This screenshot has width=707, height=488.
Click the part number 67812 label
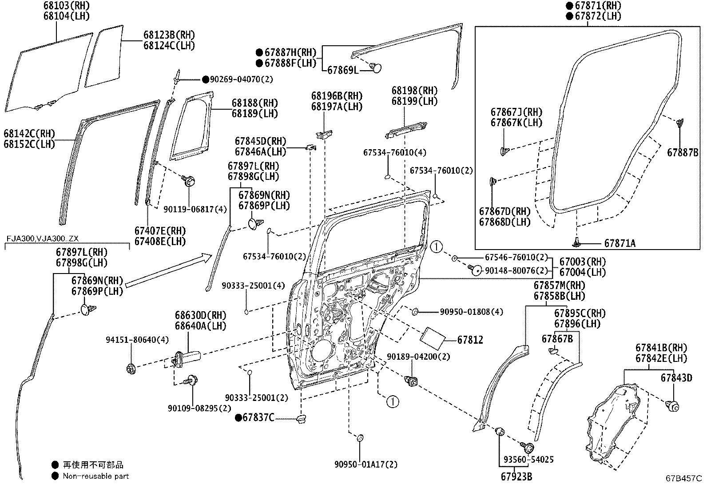point(470,340)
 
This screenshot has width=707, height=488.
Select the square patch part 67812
point(433,338)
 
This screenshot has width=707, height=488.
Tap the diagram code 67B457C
point(683,479)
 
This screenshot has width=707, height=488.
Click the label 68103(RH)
point(66,5)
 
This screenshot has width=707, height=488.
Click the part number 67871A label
point(620,243)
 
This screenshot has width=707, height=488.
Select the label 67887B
point(683,152)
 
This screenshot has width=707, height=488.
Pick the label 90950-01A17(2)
point(366,464)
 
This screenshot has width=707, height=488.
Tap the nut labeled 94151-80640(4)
point(131,369)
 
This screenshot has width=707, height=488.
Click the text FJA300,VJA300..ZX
point(42,238)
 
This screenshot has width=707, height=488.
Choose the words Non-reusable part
point(95,476)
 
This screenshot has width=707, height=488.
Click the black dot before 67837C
point(238,417)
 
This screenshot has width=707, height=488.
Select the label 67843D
point(676,378)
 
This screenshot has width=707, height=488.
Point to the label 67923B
point(516,476)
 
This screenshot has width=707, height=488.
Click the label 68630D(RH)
point(200,315)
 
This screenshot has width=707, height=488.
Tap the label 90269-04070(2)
point(241,79)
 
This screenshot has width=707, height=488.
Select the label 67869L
point(343,70)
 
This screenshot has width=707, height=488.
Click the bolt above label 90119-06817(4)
point(188,181)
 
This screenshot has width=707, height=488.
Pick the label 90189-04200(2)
point(418,357)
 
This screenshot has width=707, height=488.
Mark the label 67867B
point(557,339)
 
